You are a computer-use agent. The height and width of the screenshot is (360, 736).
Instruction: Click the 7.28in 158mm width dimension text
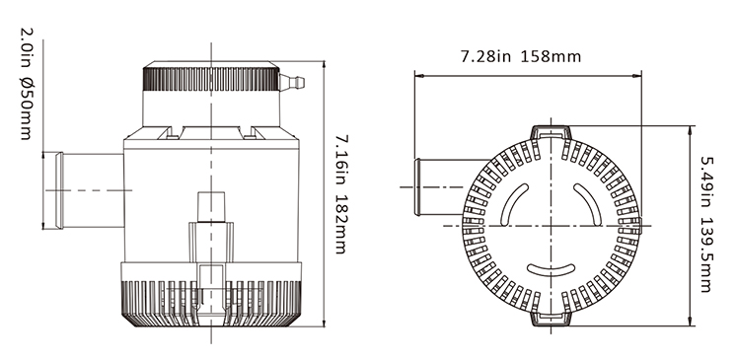click(521, 56)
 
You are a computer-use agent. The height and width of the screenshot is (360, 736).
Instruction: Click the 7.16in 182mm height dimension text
click(341, 194)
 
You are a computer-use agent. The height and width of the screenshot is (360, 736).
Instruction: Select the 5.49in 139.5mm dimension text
click(706, 224)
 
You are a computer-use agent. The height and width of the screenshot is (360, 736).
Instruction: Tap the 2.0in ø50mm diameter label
click(26, 84)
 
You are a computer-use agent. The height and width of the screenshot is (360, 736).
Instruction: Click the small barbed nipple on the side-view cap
click(292, 82)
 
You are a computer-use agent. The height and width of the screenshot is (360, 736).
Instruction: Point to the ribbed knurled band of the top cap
click(211, 79)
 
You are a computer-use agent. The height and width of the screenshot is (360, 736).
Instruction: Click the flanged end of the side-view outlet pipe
click(59, 190)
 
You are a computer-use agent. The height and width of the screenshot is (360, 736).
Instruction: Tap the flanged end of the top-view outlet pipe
click(416, 186)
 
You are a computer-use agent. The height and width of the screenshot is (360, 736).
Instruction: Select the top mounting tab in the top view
click(552, 133)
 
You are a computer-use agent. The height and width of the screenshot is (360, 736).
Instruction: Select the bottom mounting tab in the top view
click(552, 319)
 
